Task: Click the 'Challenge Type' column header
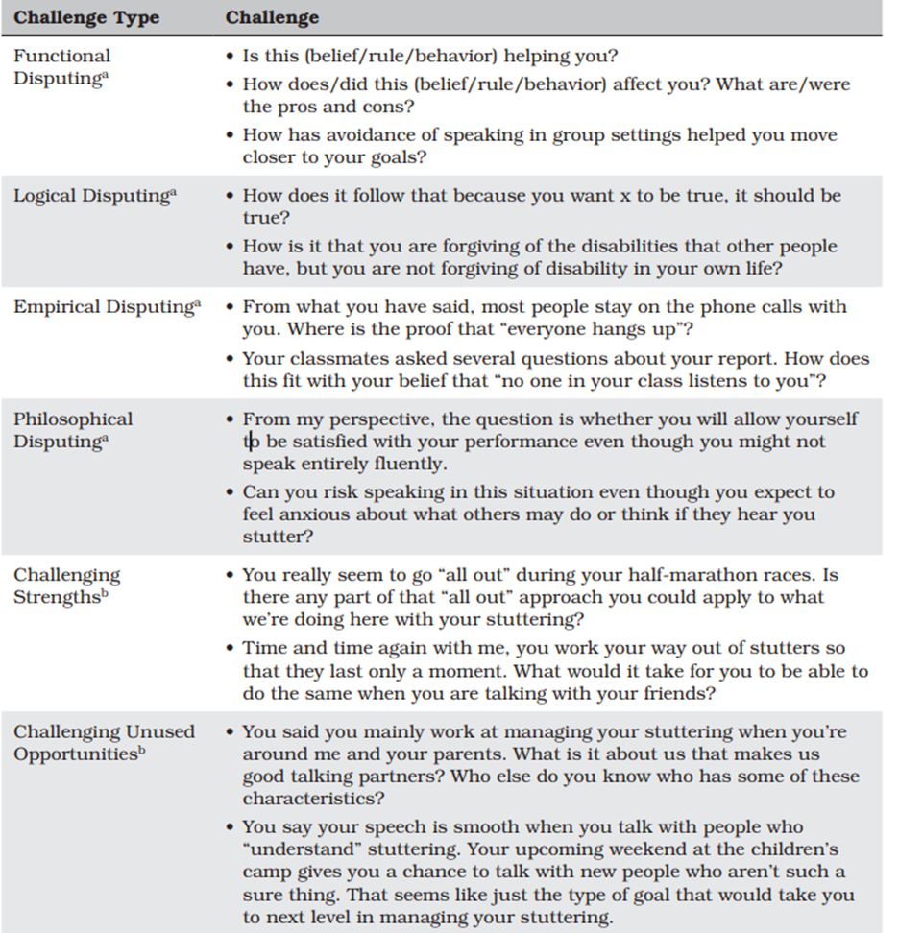point(86,18)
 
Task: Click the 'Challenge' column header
point(272,18)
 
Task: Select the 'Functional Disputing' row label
point(62,67)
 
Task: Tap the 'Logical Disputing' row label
point(94,196)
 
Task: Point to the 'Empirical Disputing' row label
point(107,307)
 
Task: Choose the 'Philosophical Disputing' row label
point(74,430)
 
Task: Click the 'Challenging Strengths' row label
point(67,586)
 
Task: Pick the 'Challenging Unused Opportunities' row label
point(104,742)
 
